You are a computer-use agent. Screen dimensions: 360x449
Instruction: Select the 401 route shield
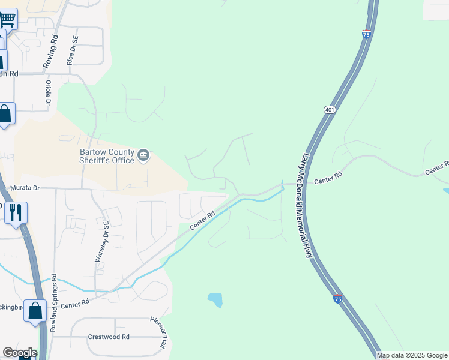329,110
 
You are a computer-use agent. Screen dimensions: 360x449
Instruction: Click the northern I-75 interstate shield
366,34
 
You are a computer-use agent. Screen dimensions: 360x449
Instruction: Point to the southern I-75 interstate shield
338,298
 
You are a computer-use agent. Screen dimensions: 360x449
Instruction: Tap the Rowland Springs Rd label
54,304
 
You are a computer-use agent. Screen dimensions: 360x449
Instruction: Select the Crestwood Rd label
109,337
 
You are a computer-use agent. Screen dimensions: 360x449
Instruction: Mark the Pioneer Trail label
158,334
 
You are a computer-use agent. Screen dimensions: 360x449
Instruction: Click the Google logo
20,353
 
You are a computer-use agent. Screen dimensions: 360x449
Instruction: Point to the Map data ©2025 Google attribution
411,355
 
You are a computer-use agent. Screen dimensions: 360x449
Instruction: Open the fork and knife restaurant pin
16,212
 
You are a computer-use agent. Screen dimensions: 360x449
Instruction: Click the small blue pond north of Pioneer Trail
215,299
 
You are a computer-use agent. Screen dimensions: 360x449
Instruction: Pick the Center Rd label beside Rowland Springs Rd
74,304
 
